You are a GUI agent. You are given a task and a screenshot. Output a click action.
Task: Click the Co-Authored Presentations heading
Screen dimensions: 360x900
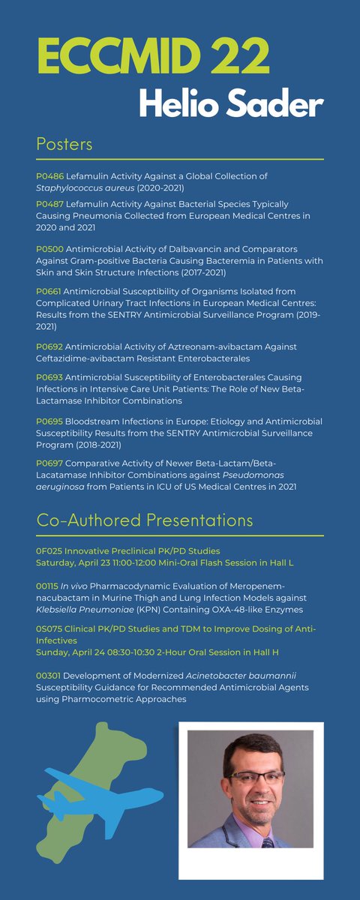145,520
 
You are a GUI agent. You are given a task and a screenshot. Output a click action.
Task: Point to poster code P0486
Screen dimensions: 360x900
49,175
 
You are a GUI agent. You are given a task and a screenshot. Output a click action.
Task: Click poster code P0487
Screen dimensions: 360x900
49,204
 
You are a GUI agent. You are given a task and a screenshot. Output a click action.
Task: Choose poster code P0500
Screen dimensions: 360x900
49,250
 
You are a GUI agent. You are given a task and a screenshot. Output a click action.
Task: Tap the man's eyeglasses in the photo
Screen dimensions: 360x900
253,777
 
